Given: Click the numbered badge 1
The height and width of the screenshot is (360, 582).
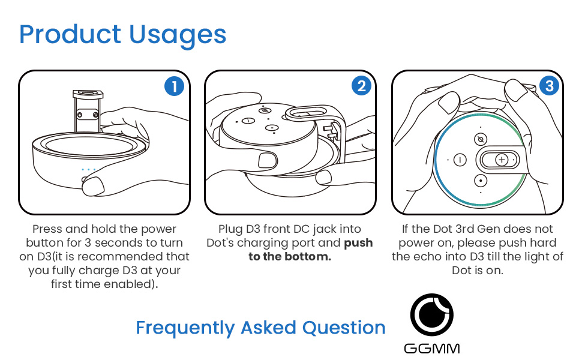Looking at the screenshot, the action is [x=174, y=86].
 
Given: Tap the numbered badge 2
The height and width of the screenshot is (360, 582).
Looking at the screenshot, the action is [x=362, y=86].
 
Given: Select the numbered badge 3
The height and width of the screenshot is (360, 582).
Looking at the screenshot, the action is [x=550, y=86].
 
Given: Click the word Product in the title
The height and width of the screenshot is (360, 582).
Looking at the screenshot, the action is [x=70, y=34].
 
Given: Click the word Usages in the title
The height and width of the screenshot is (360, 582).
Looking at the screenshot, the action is [x=178, y=36].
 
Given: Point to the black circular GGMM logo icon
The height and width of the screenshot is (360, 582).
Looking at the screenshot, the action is [x=431, y=315].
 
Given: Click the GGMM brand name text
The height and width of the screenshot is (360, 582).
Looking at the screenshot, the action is [x=431, y=349].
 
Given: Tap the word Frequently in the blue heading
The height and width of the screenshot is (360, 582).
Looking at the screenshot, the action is [x=185, y=328].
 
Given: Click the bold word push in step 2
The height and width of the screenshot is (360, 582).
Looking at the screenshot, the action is [x=358, y=243].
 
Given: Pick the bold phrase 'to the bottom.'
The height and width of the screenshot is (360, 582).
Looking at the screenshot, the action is [x=290, y=256].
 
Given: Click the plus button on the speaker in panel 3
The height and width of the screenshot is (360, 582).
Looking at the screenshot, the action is [x=502, y=160].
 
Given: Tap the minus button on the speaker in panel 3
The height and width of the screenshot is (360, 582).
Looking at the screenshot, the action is [x=460, y=160].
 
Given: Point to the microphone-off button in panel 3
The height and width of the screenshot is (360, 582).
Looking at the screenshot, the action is [x=481, y=140].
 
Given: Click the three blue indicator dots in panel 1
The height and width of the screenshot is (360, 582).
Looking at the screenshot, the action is [x=89, y=170].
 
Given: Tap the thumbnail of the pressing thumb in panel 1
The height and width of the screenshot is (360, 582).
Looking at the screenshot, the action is [x=93, y=186].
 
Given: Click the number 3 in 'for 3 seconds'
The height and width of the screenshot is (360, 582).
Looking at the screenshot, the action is [x=88, y=243].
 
